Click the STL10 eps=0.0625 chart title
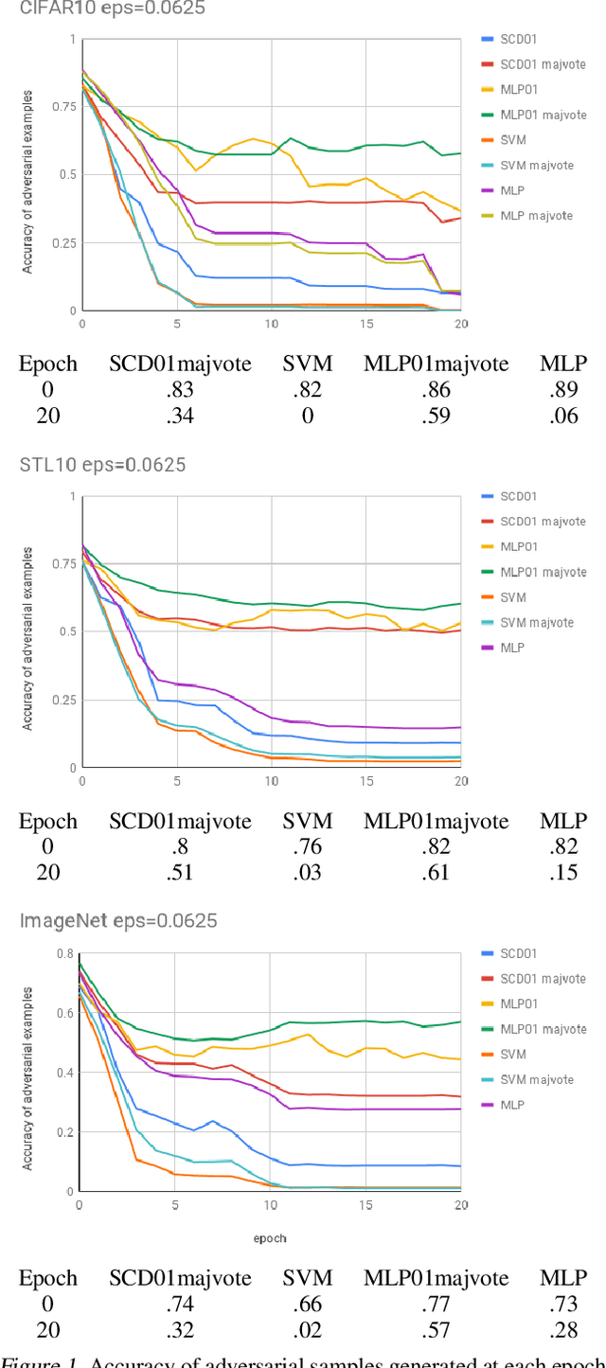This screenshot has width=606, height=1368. [x=102, y=465]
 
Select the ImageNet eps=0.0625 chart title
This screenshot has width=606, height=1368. [x=118, y=921]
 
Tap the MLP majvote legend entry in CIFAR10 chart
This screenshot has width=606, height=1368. [x=536, y=216]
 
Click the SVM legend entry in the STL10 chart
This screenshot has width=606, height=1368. [x=513, y=597]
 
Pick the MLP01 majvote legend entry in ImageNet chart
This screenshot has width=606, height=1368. [x=543, y=1029]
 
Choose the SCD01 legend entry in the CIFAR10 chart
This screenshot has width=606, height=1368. [x=518, y=39]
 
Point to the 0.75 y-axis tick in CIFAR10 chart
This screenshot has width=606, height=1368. [x=63, y=106]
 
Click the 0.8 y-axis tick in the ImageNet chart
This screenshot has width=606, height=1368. [x=66, y=953]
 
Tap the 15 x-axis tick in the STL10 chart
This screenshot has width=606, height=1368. [x=365, y=781]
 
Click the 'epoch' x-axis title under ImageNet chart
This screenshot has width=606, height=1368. [x=270, y=1238]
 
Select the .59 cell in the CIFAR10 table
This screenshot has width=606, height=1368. [x=437, y=416]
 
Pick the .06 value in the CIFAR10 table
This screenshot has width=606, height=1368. [x=563, y=416]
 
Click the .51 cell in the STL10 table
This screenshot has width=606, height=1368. [x=180, y=873]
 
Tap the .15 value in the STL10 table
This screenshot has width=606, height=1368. [x=563, y=873]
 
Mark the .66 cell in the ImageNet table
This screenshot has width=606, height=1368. [x=308, y=1305]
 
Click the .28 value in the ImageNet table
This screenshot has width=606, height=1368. [x=563, y=1330]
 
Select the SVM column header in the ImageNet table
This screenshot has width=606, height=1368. [x=308, y=1279]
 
